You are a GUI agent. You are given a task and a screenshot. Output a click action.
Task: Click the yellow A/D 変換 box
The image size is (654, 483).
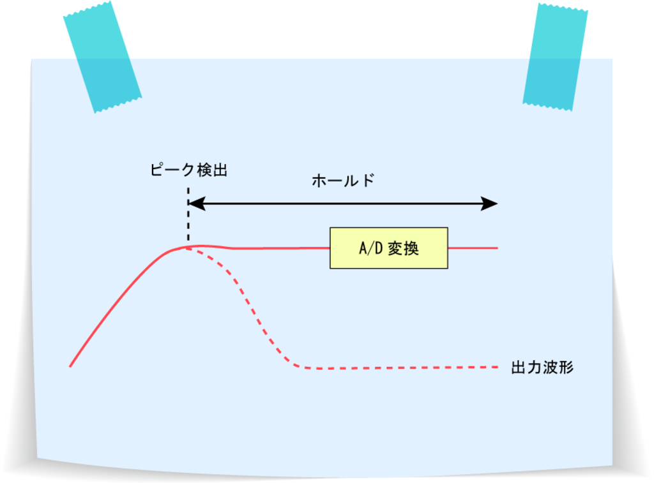[x=389, y=248]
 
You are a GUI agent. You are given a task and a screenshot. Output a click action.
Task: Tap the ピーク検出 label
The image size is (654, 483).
[x=189, y=170]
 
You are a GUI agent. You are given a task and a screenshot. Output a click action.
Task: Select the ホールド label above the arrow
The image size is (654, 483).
[x=343, y=181]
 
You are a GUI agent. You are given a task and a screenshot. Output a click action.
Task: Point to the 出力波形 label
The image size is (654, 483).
[x=542, y=368]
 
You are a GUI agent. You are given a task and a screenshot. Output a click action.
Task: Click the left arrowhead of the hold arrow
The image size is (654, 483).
[x=197, y=204]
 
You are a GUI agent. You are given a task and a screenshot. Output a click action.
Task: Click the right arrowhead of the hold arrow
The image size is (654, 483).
[x=489, y=204]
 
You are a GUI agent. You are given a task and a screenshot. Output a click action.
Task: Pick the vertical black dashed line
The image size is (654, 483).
[x=188, y=214]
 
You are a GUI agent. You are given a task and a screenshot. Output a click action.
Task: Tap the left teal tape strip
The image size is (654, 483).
[x=102, y=57]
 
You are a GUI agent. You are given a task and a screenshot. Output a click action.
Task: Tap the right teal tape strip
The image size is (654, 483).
[x=555, y=57]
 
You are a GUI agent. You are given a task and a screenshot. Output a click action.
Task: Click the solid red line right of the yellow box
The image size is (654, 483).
[x=473, y=248]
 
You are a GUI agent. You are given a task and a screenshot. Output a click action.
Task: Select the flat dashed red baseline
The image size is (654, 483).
[x=400, y=368]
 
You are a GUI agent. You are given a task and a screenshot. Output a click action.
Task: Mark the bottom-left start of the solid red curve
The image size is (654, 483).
[x=70, y=367]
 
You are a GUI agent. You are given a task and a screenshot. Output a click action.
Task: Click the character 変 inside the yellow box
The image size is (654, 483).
[x=395, y=248]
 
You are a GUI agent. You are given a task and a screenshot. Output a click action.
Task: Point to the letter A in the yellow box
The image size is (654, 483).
[x=363, y=248]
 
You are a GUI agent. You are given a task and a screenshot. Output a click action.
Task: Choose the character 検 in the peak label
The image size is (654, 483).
[x=204, y=170]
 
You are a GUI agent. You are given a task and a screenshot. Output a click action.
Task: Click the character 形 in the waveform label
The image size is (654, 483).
[x=567, y=368]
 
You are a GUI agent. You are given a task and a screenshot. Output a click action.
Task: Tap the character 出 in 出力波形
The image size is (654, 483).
[x=519, y=368]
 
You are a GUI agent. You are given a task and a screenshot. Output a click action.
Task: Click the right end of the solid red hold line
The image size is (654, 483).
[x=498, y=248]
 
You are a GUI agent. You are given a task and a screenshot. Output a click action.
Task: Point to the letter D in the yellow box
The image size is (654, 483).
[x=379, y=248]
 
